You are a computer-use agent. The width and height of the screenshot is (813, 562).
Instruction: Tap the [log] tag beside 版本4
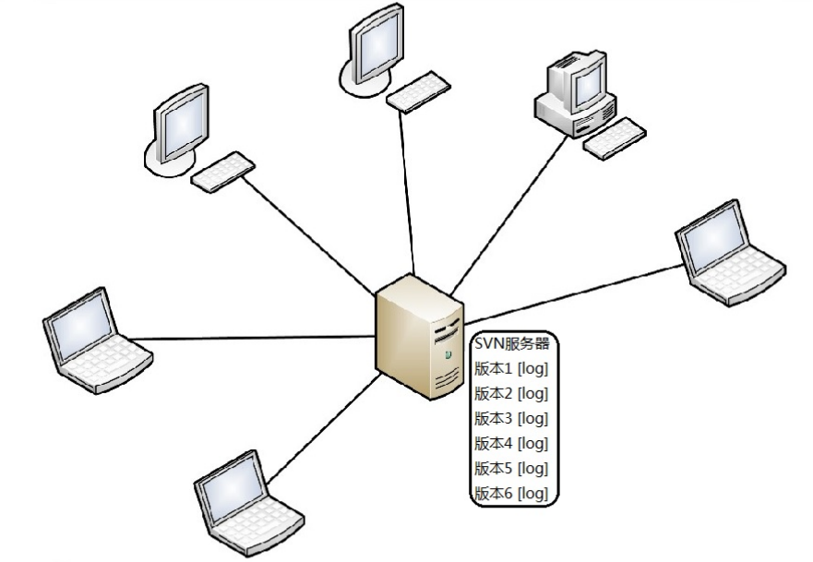point(533,444)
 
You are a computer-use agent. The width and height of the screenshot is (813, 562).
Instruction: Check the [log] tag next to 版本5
point(533,469)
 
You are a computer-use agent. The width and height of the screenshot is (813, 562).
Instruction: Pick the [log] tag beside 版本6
point(533,494)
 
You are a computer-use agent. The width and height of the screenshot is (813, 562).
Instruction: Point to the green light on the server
point(448,353)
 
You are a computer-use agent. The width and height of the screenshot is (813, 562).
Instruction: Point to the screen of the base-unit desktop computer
point(583,85)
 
